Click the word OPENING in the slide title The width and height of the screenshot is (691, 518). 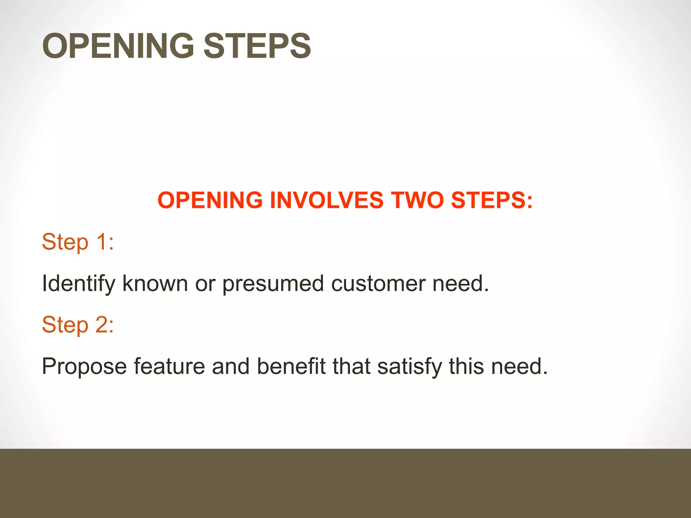(x=118, y=46)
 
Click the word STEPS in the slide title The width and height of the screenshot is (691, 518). (x=257, y=46)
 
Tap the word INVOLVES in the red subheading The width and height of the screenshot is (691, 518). (x=326, y=200)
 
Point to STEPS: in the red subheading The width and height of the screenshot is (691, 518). (x=492, y=200)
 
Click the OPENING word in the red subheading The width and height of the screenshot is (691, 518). (x=210, y=200)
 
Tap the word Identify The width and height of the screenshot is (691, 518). (x=78, y=284)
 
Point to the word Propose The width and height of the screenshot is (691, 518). (x=84, y=367)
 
